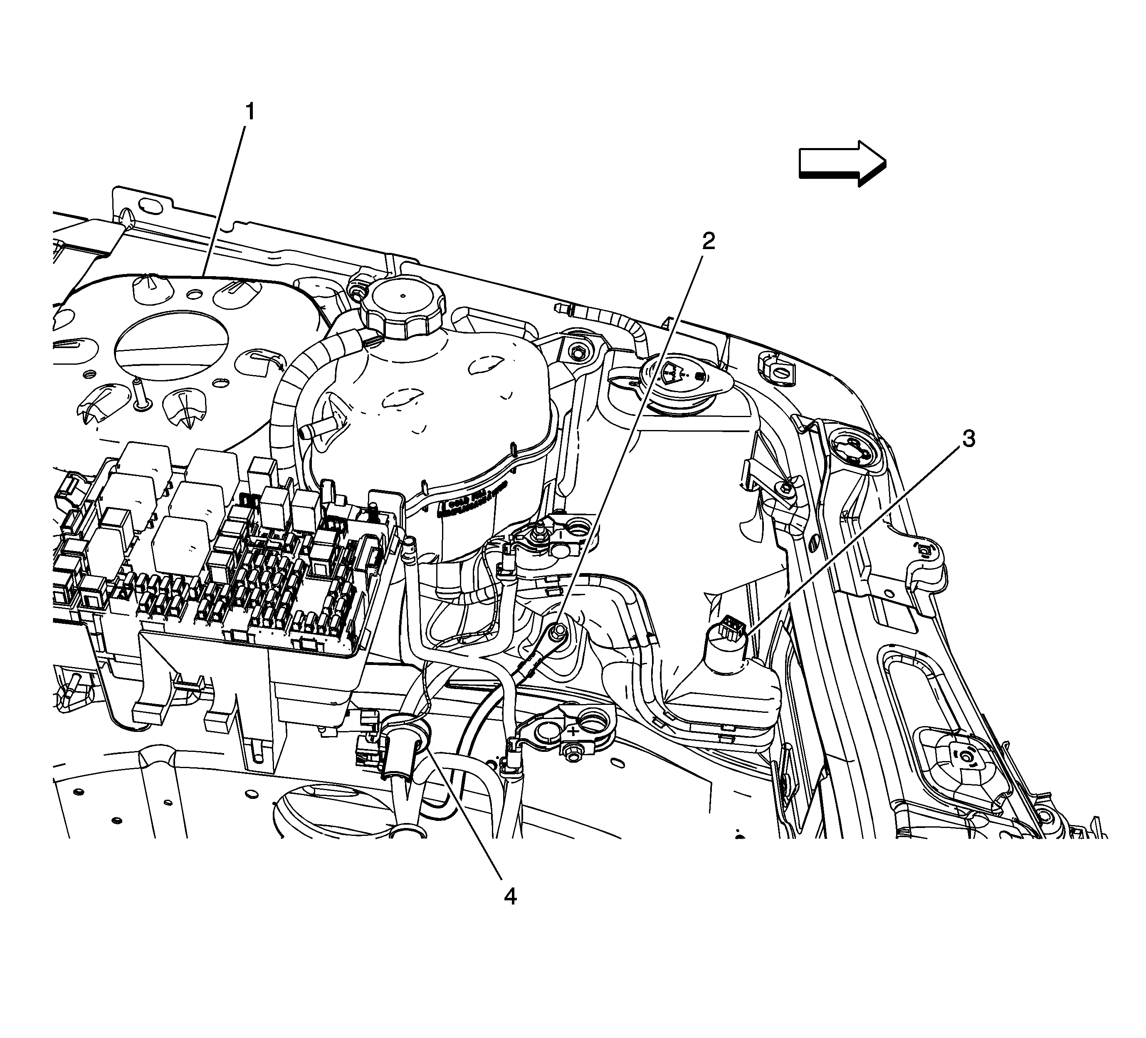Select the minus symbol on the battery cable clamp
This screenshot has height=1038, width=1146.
[x=559, y=534]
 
